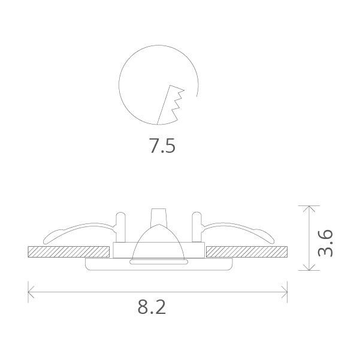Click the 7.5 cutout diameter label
pos(162,146)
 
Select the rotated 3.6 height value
pos(325,242)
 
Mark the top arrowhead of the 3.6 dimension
pos(309,208)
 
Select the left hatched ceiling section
pos(69,250)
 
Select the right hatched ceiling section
pos(246,250)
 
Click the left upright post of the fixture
pos(122,226)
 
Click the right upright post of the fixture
pos(196,226)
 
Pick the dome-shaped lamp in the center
pos(158,243)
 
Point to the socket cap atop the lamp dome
pos(158,216)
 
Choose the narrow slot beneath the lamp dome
pos(158,262)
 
